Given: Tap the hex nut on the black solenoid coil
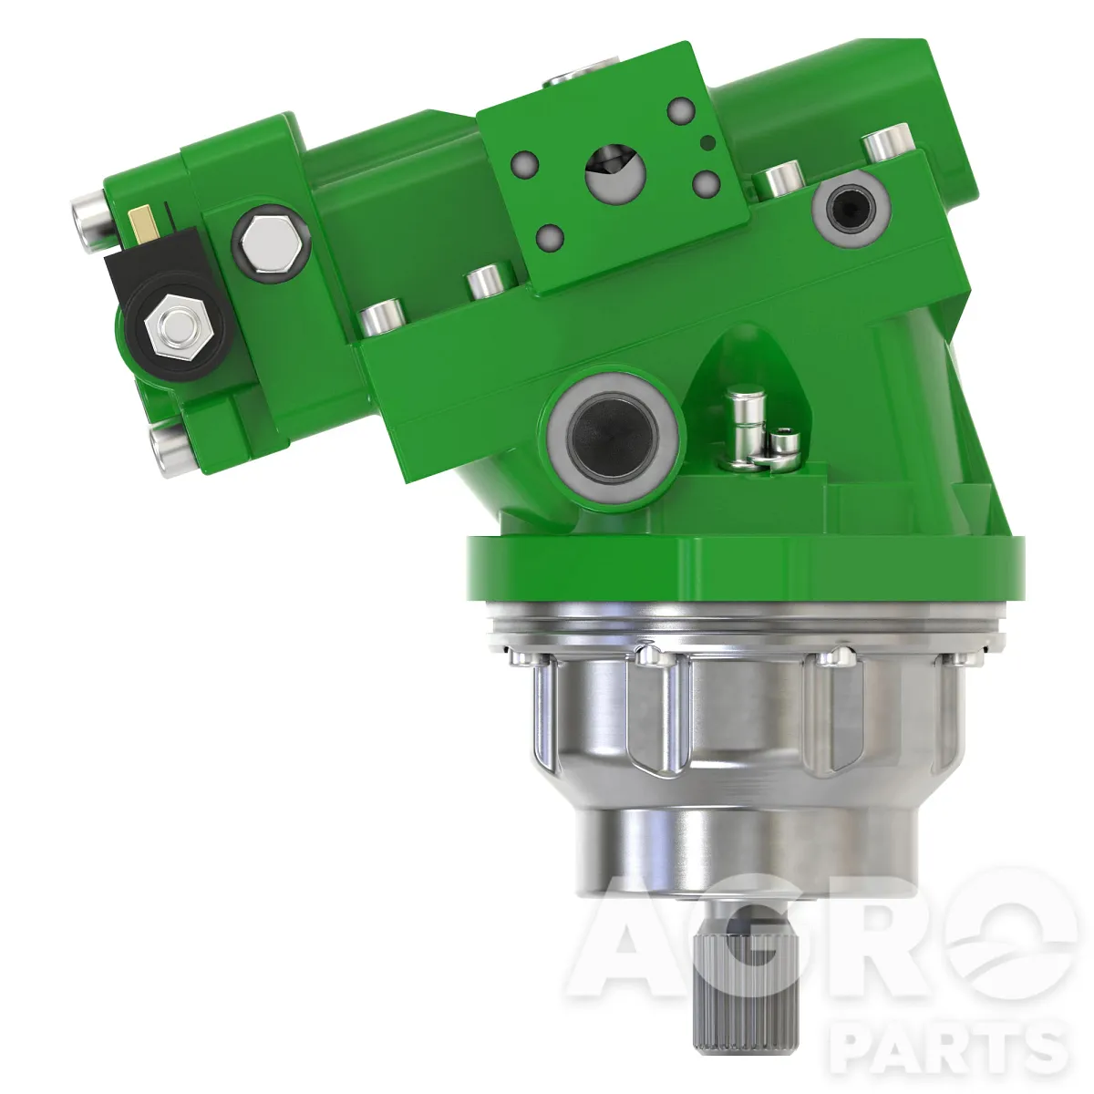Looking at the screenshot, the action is (179, 327).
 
